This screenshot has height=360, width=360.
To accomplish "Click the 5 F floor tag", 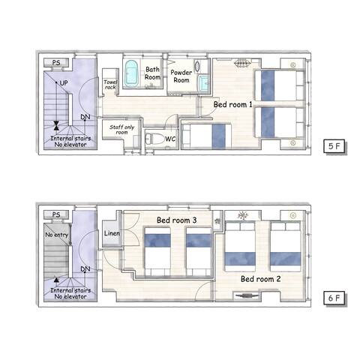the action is pos(334,145).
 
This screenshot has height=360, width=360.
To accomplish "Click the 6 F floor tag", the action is pos(334,298).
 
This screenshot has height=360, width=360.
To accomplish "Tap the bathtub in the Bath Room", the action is pos(131,72).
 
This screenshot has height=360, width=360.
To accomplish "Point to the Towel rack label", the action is pos(110,85).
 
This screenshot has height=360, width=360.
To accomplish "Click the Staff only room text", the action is pos(121,130).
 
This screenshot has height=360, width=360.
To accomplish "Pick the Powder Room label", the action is pos(181,76).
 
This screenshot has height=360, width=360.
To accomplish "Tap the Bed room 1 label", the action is pos(232,104).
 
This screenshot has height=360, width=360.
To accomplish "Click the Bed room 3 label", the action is pos(176,220).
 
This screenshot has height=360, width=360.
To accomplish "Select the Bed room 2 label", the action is pos(260,279).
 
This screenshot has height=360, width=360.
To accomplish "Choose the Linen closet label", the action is pos(112,233).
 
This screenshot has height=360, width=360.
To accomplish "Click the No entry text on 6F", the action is pos(57,235).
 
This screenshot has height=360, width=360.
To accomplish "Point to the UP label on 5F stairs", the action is pos(64,82).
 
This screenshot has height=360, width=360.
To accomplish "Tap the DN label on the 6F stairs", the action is pos(85,269).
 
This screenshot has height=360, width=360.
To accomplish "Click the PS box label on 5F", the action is pos(56,62).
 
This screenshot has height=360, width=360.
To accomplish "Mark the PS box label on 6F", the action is pos(56,214).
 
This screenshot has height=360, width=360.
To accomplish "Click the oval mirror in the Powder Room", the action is pos(197,66).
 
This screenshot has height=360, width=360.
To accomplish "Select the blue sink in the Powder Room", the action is pos(204,82).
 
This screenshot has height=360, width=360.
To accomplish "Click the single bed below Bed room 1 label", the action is pos(206,136).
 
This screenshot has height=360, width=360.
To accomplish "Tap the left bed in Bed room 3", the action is pos(157,251).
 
